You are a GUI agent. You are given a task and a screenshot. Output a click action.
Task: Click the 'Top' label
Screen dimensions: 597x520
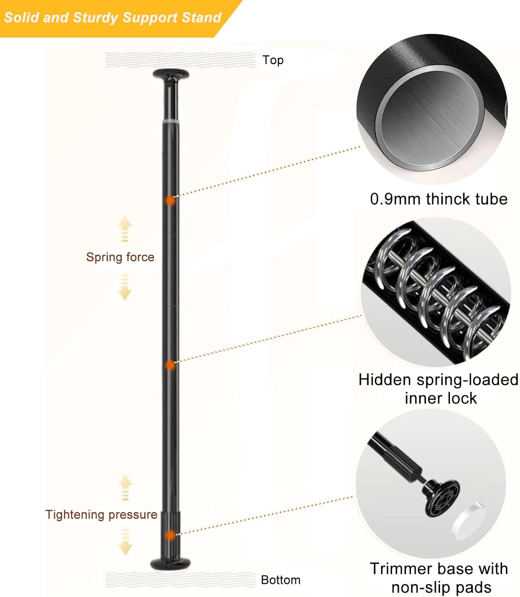coord(273,60)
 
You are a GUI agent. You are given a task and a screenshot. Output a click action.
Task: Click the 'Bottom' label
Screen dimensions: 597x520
coord(280,580)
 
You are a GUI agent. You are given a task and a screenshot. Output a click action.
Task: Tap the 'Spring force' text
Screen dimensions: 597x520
coord(120,257)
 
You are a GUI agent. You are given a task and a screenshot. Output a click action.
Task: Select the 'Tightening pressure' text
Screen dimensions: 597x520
coord(101,515)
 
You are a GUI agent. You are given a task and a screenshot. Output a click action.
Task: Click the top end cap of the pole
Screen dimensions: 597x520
coord(171,74)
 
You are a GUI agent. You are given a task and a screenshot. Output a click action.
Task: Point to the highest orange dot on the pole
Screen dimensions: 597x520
coord(170,200)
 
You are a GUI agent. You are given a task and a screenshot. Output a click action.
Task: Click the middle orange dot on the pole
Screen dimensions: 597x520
coord(170,365)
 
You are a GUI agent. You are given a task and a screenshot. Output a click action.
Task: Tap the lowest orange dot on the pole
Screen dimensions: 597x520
coord(170,535)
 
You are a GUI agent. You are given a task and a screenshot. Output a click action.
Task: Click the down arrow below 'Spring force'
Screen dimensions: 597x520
coord(125,288)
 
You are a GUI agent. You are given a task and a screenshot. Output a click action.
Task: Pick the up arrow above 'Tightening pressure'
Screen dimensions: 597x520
coord(125,486)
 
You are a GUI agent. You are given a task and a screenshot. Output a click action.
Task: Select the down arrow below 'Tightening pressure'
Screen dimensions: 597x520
coord(125,542)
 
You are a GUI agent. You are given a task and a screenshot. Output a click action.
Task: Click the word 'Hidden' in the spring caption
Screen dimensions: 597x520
coord(385,380)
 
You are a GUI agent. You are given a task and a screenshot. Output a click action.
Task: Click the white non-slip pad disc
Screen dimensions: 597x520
coord(469,520)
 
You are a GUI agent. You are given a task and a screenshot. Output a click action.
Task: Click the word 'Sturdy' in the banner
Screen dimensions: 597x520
coord(96,18)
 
